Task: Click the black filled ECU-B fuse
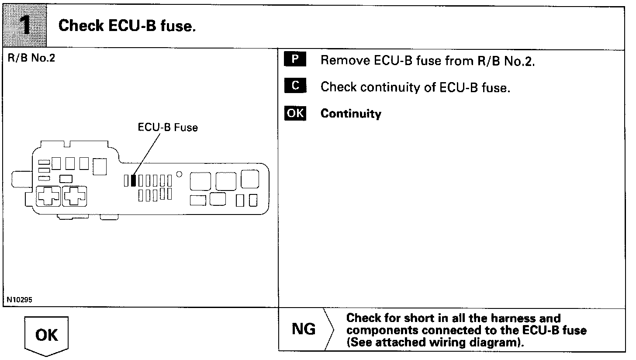133,180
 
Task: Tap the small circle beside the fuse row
179,174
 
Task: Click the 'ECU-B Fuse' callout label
168,128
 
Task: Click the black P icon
295,59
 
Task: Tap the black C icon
295,86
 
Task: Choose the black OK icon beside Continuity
295,113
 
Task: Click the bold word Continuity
351,114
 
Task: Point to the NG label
304,329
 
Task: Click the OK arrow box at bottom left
46,336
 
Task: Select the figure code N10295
19,300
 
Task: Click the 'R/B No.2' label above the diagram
31,58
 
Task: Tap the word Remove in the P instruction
345,60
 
